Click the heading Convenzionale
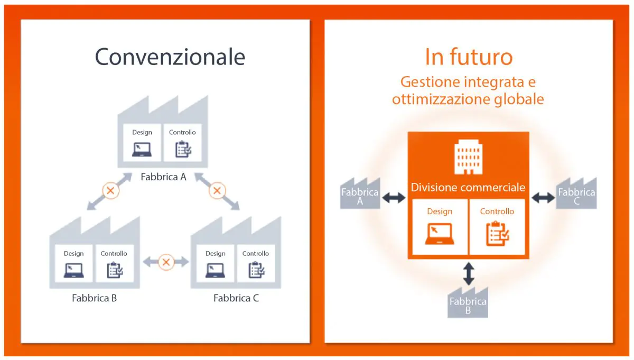pyautogui.click(x=170, y=57)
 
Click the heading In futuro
pyautogui.click(x=468, y=57)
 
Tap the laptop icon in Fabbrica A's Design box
pyautogui.click(x=142, y=149)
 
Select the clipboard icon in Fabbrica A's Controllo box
pyautogui.click(x=182, y=149)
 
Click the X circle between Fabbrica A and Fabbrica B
pyautogui.click(x=110, y=190)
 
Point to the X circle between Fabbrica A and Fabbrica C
pyautogui.click(x=217, y=190)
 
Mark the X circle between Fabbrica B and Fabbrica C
pyautogui.click(x=166, y=261)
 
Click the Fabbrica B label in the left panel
pyautogui.click(x=94, y=298)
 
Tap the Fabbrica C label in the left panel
pyautogui.click(x=236, y=298)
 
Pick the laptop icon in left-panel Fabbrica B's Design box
pyautogui.click(x=73, y=270)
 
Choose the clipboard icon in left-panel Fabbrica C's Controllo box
pyautogui.click(x=256, y=270)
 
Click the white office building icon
pyautogui.click(x=468, y=157)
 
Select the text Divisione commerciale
pyautogui.click(x=468, y=188)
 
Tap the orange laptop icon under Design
pyautogui.click(x=439, y=234)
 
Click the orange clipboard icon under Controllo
pyautogui.click(x=497, y=234)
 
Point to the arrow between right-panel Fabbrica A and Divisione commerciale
pyautogui.click(x=394, y=198)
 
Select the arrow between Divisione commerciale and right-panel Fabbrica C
pyautogui.click(x=543, y=198)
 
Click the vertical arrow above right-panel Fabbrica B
pyautogui.click(x=468, y=273)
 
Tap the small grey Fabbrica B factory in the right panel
pyautogui.click(x=468, y=304)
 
